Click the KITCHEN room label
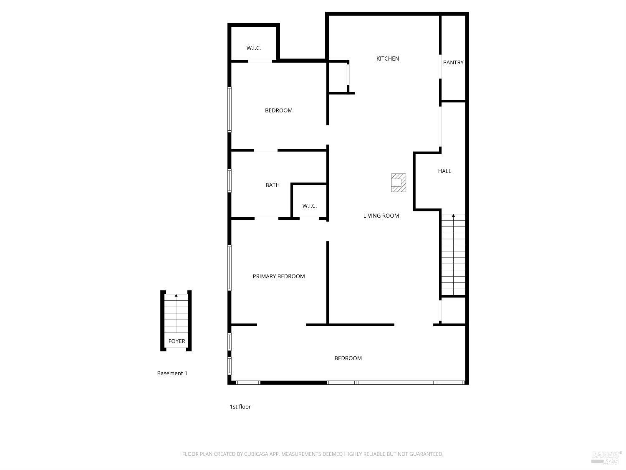[x=388, y=59]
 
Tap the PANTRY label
[x=453, y=63]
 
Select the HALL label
[x=444, y=171]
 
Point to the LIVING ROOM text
[x=381, y=216]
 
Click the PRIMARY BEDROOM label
[x=279, y=276]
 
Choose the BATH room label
[x=273, y=185]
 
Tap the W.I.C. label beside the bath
[x=310, y=206]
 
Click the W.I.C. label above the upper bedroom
[x=254, y=48]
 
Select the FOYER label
[x=177, y=341]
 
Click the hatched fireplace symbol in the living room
[x=398, y=183]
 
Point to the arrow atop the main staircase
[x=453, y=216]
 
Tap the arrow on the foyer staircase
[x=176, y=296]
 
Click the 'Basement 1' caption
[x=172, y=373]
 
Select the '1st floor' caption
[x=240, y=406]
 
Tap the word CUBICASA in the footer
[x=256, y=454]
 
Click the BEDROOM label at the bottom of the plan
[x=348, y=358]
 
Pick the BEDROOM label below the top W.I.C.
[x=279, y=111]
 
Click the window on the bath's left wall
[x=230, y=180]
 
